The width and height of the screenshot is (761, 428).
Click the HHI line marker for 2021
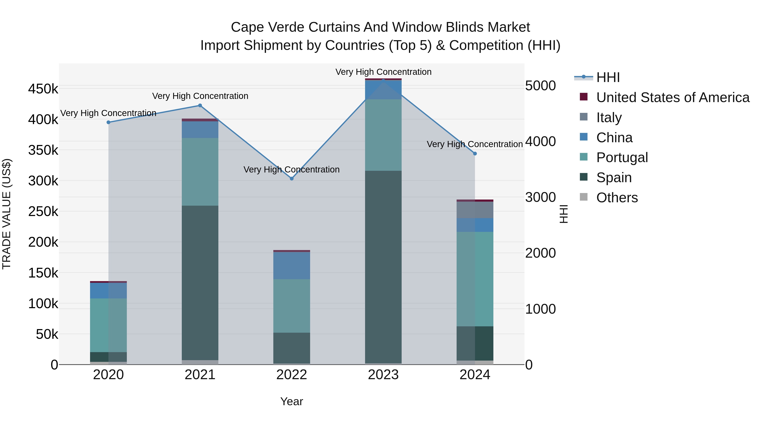point(200,105)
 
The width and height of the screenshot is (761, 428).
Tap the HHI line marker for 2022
point(292,178)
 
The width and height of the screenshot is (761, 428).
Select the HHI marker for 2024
point(475,154)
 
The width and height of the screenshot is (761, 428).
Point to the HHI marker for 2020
point(108,122)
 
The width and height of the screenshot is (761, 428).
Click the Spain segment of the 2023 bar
point(383,266)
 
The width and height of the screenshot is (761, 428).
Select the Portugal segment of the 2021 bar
point(200,172)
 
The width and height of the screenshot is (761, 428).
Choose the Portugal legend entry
point(622,157)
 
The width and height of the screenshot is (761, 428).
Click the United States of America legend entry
point(673,97)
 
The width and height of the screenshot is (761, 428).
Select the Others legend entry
point(617,198)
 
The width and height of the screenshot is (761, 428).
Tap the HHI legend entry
point(608,77)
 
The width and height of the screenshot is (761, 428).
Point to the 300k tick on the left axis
point(43,181)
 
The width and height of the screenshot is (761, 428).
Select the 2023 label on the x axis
point(383,375)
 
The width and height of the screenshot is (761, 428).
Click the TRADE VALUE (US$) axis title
point(7,214)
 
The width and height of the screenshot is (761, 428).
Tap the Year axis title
point(292,401)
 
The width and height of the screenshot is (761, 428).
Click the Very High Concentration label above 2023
point(383,72)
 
